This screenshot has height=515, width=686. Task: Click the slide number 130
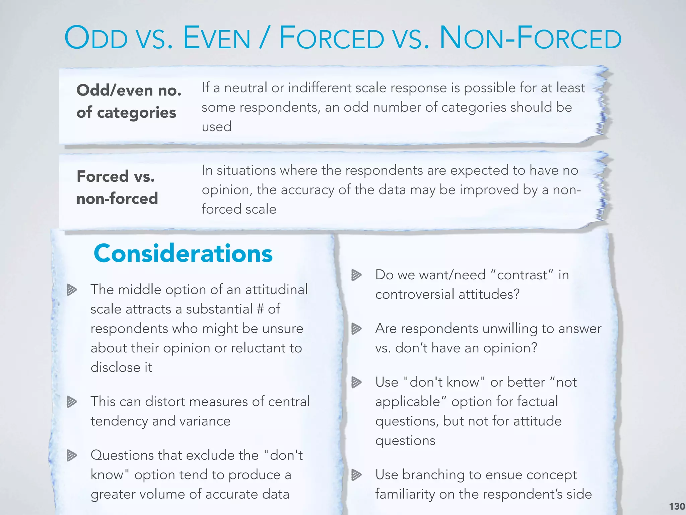click(677, 506)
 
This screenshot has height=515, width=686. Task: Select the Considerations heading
click(183, 253)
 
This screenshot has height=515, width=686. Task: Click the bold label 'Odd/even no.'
click(129, 90)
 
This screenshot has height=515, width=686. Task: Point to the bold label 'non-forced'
click(117, 198)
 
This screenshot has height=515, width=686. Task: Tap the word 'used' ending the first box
click(216, 127)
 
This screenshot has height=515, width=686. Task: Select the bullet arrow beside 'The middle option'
click(71, 290)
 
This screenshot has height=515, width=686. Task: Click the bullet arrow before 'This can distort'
click(71, 402)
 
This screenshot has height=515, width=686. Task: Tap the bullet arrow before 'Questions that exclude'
click(71, 455)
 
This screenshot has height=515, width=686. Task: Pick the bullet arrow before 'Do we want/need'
click(356, 275)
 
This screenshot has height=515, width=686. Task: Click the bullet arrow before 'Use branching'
click(356, 475)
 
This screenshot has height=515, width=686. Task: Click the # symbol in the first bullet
click(260, 309)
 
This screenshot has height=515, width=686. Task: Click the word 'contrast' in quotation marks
click(522, 275)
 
